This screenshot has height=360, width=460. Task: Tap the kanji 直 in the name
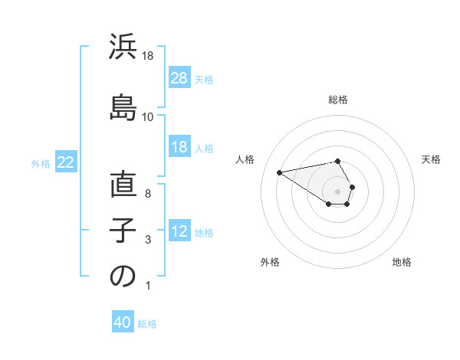pyautogui.click(x=123, y=186)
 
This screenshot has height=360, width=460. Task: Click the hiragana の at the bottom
pyautogui.click(x=123, y=277)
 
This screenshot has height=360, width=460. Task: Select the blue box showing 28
pyautogui.click(x=179, y=78)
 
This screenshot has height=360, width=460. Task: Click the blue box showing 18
pyautogui.click(x=179, y=147)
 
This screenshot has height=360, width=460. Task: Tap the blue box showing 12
pyautogui.click(x=179, y=231)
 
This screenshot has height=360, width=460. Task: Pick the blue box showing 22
pyautogui.click(x=66, y=162)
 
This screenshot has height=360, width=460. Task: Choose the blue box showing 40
pyautogui.click(x=123, y=323)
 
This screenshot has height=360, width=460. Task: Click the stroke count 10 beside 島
pyautogui.click(x=147, y=117)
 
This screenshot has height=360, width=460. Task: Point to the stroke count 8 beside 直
pyautogui.click(x=147, y=194)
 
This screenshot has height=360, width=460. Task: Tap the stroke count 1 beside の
pyautogui.click(x=147, y=286)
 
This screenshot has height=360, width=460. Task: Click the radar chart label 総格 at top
pyautogui.click(x=338, y=100)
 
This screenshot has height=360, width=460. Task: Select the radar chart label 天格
pyautogui.click(x=431, y=159)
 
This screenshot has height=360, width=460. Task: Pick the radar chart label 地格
pyautogui.click(x=402, y=262)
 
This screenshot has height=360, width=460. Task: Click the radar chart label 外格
pyautogui.click(x=270, y=262)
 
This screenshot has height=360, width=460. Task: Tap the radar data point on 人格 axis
pyautogui.click(x=280, y=172)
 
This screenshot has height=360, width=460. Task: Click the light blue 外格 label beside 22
pyautogui.click(x=41, y=163)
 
